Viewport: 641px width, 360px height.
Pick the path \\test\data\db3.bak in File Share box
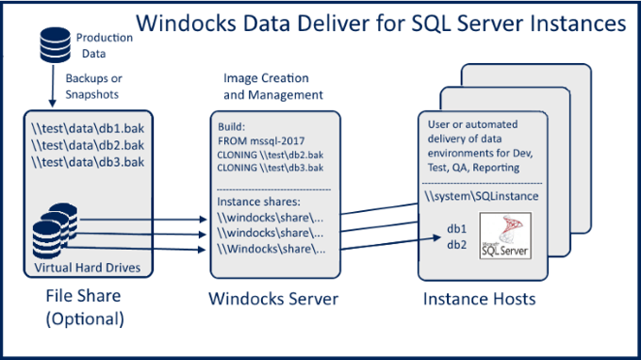[88, 162]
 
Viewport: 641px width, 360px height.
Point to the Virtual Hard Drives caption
[87, 267]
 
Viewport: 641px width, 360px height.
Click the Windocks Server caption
[274, 301]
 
